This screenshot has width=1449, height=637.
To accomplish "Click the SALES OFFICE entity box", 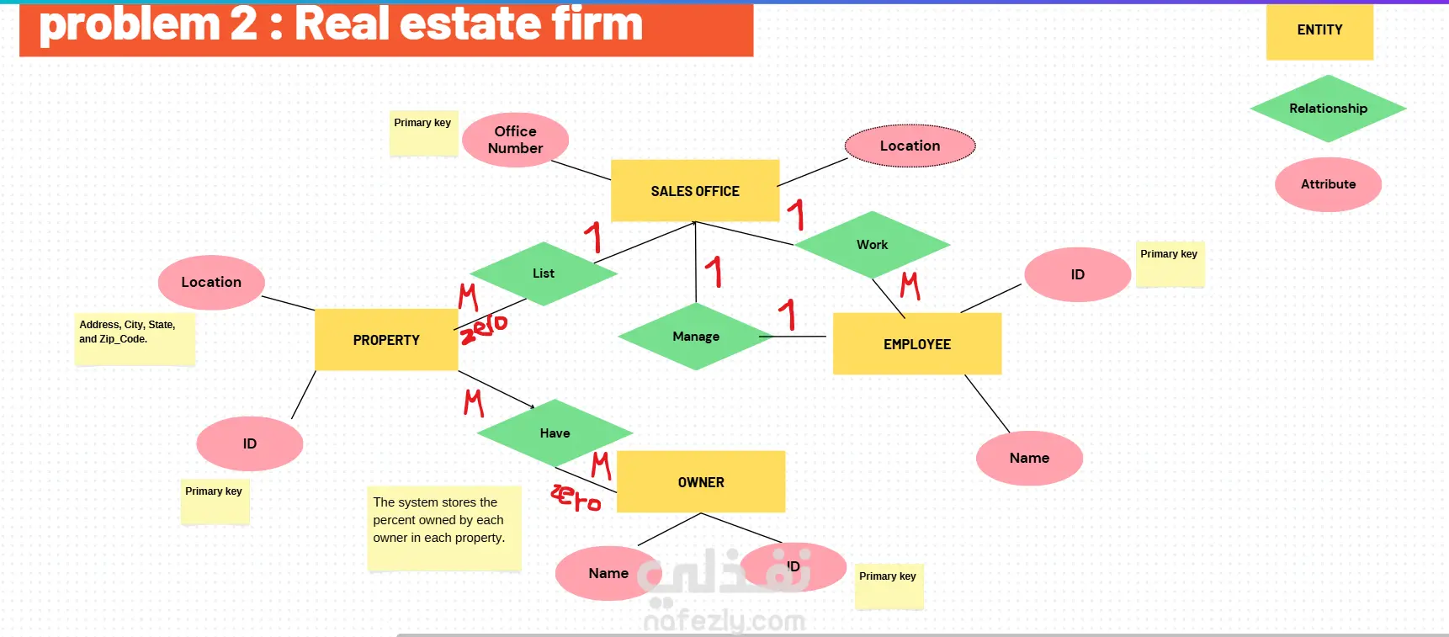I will coord(695,191).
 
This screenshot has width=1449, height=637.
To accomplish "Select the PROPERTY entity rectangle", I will coord(386,340).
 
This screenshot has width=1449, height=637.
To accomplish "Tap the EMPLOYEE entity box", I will coord(917,344).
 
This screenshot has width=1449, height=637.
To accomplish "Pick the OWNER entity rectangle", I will coord(701,482).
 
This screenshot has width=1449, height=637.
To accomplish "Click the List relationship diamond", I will coord(544,273).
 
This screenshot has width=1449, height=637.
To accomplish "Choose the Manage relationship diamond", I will coord(696,337).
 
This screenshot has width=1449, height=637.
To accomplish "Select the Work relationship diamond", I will coord(873,245).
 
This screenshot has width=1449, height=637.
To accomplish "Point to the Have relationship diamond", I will coord(555,433).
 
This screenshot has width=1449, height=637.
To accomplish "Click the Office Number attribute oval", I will coord(515,140).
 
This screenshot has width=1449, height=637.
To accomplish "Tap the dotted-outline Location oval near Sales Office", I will coord(910,146).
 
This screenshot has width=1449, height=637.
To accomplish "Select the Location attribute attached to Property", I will coord(211,283).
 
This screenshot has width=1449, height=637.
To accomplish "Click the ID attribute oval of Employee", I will coord(1078,274).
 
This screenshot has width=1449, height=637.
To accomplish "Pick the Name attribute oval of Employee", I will coord(1029,459).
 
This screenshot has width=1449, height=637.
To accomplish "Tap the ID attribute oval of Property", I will coord(250,443).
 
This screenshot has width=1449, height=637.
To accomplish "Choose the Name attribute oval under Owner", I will coord(608,573).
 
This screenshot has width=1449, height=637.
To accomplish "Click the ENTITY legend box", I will coord(1319,31).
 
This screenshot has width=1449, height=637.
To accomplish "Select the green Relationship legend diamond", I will coord(1328,109).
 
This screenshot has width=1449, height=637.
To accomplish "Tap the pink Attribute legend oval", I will coord(1328,184).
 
